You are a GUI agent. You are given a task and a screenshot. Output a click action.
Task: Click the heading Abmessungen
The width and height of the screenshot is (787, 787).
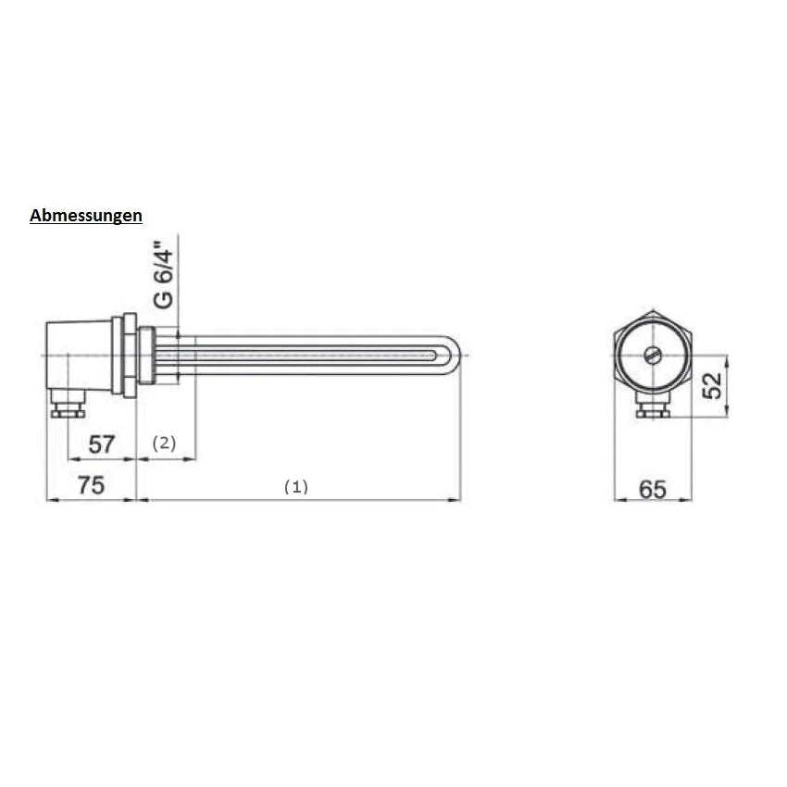[86, 216]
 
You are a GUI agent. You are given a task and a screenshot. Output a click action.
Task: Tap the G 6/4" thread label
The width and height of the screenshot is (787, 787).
[164, 275]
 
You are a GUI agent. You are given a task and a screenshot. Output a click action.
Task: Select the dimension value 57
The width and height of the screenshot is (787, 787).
[102, 444]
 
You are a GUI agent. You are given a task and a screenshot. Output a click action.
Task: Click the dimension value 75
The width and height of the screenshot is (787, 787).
[91, 485]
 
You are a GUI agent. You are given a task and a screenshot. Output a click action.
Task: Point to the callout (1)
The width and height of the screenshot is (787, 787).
[296, 487]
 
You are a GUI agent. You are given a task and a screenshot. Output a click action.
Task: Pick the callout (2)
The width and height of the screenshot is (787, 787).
[164, 443]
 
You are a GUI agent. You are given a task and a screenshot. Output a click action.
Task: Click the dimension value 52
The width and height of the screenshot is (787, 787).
[712, 385]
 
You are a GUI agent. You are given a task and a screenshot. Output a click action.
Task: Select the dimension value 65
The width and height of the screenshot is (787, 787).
[653, 490]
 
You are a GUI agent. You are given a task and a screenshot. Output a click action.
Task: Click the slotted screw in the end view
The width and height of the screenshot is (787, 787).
[652, 356]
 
